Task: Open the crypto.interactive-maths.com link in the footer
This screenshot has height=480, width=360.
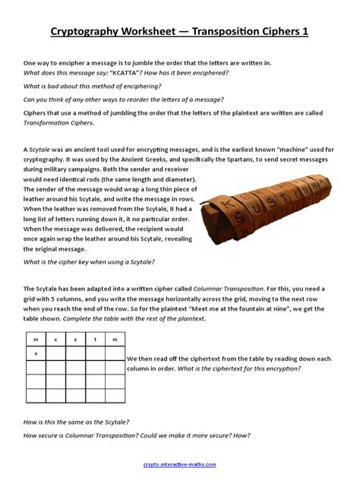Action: [x=179, y=464]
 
